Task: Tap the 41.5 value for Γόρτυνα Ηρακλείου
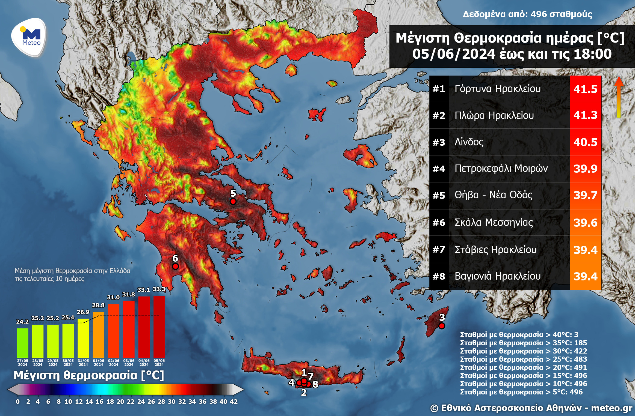(585, 89)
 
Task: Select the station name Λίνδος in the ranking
(469, 142)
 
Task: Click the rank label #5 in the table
(439, 196)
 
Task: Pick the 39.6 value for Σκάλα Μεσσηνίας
(585, 223)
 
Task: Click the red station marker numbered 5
(233, 201)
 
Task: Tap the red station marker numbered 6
(175, 266)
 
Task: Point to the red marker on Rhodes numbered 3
(442, 326)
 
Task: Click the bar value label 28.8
(98, 305)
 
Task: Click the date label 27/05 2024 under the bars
(23, 363)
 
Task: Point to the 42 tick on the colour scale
(234, 402)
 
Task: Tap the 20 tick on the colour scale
(120, 402)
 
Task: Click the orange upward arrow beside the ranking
(619, 97)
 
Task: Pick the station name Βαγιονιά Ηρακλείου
(497, 276)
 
